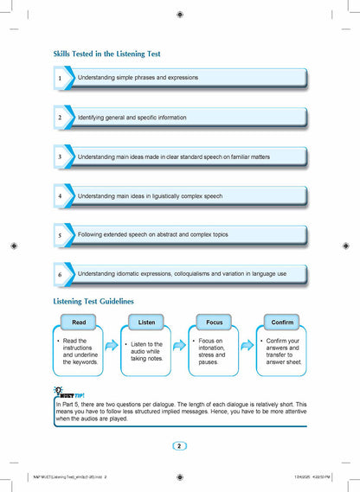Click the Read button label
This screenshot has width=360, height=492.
pos(79,322)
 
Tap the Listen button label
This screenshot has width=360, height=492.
pos(147,322)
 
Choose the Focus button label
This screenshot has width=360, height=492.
pos(215,322)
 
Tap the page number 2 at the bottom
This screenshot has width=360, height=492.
pos(179,445)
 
